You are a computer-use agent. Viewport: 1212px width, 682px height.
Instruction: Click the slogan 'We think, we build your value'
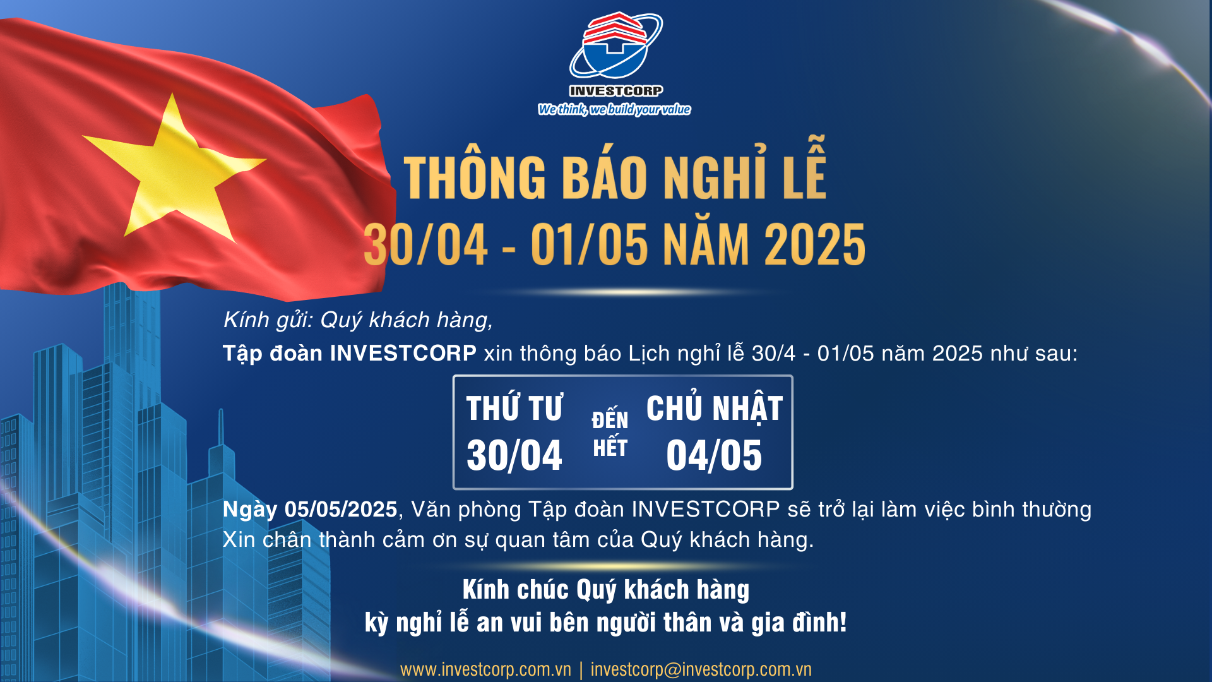coord(614,109)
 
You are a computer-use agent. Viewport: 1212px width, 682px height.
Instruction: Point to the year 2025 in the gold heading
coord(814,245)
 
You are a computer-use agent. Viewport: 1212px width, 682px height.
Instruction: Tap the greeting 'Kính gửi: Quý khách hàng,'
coord(358,320)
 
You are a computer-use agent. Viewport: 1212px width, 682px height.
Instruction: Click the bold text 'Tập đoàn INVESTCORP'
coord(350,353)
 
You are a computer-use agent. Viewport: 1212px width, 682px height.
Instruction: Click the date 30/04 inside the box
coord(514,455)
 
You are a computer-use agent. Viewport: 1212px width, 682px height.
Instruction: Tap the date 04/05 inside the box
coord(714,455)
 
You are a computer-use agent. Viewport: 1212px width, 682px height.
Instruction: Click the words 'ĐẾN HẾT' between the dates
coord(610,433)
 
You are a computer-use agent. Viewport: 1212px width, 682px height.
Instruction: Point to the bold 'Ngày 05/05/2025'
coord(310,510)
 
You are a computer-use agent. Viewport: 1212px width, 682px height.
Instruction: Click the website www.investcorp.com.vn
coord(485,669)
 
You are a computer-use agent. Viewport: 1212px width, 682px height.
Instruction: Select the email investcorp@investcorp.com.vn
coord(701,669)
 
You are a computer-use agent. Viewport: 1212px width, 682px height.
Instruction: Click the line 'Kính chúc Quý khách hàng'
coord(606,590)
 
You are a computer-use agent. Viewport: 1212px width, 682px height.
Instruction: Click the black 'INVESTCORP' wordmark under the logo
coord(616,91)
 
